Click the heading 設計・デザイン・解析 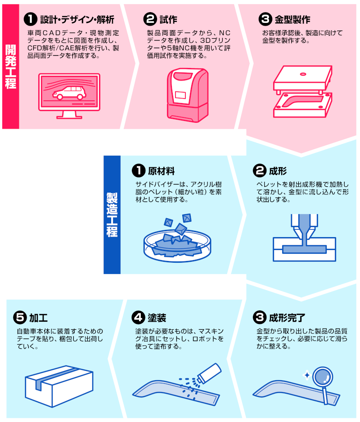click(77, 20)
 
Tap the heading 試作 click(168, 20)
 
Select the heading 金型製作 click(292, 20)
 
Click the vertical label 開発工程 click(10, 67)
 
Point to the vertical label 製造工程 click(112, 215)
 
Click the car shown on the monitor click(69, 93)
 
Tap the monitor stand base click(69, 117)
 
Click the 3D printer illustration click(188, 95)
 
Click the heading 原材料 click(161, 171)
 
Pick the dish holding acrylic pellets click(177, 246)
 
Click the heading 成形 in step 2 click(278, 171)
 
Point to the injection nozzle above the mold click(304, 226)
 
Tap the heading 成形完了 click(287, 318)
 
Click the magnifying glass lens click(323, 377)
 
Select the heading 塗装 click(157, 318)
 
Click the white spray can click(209, 373)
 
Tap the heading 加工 click(39, 318)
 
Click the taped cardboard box click(59, 386)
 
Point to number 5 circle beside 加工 click(20, 318)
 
